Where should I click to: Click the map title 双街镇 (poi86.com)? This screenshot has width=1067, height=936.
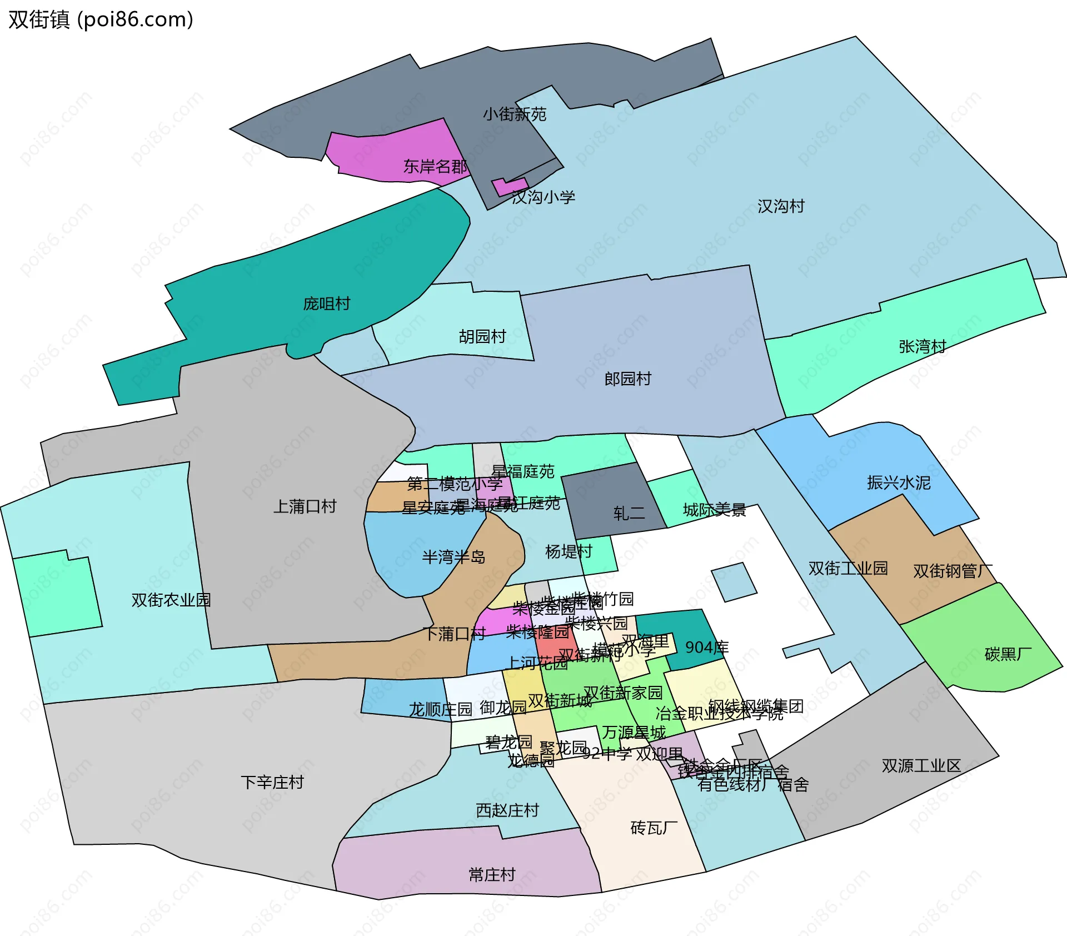101,19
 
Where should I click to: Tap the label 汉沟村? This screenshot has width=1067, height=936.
781,207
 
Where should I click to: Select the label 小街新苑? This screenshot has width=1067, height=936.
514,114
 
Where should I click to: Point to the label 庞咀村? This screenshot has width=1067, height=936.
326,304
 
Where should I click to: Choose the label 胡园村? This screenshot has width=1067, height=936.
482,337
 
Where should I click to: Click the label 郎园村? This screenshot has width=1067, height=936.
627,379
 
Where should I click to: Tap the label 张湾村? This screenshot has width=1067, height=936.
922,347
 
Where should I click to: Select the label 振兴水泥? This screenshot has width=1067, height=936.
899,482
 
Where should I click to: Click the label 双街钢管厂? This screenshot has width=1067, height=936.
953,571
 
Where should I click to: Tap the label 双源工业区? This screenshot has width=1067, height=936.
921,766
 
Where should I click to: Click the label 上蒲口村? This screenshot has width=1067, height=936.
305,506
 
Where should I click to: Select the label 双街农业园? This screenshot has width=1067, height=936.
171,600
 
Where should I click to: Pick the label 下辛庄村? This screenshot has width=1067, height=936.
272,783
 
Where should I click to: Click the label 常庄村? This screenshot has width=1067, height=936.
492,875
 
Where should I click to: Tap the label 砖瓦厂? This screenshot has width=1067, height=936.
654,828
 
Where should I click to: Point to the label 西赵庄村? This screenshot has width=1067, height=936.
507,810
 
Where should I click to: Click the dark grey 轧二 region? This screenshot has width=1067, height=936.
611,495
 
